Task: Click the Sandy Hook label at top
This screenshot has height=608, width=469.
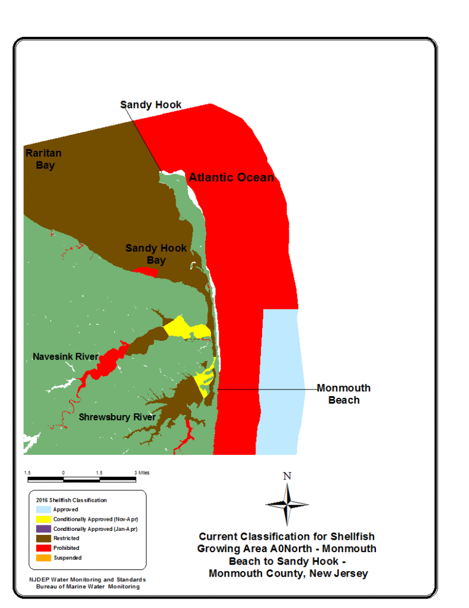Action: (x=151, y=105)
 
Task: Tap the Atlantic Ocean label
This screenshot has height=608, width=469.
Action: (x=231, y=178)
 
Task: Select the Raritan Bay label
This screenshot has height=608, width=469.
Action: (x=43, y=159)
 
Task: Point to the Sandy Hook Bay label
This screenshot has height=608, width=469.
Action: (x=156, y=254)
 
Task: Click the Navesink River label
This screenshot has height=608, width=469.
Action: (x=65, y=356)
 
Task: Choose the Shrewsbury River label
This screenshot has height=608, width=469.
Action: (x=117, y=417)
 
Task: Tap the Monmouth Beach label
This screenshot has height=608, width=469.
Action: (x=343, y=394)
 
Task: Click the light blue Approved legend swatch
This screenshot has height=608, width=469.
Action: (x=42, y=509)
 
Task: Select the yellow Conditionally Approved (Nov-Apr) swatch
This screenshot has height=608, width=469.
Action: (x=42, y=519)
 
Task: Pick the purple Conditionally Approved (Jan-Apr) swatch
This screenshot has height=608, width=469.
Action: (x=42, y=528)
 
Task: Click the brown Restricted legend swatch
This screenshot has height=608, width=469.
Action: (x=42, y=538)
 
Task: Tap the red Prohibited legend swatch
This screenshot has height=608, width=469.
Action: (x=42, y=547)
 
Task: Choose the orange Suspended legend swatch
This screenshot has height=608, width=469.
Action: (x=42, y=557)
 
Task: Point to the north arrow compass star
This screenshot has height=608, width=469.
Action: (x=287, y=504)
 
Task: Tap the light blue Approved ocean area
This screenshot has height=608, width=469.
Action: (x=281, y=380)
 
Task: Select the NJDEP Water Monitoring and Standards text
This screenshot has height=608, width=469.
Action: (x=87, y=579)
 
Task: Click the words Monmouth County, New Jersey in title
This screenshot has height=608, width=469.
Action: (x=288, y=574)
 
